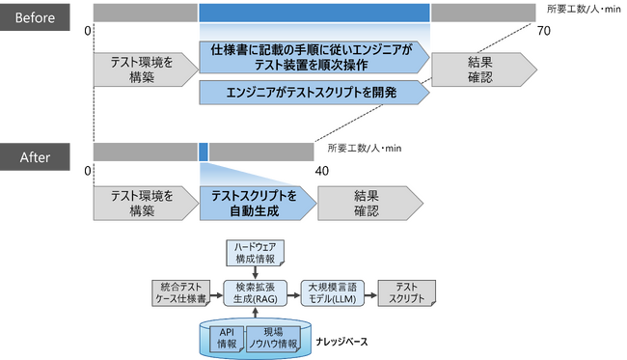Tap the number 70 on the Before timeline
coord(543,32)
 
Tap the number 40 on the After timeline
coord(323,170)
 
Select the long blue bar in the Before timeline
coord(314,12)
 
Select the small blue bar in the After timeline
coord(204,152)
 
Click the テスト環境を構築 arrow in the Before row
coord(143,69)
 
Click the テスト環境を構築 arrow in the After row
coord(143,203)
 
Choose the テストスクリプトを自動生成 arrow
coord(257,203)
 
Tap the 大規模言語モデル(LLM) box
coord(332,293)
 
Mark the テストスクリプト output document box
coord(407,293)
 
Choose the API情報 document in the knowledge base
coord(225,338)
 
